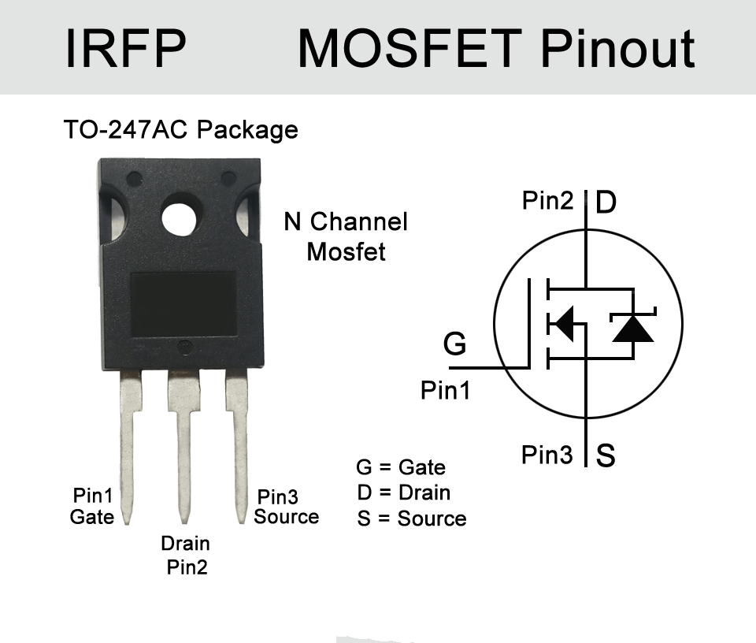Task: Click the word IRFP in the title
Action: (125, 48)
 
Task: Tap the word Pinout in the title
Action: (617, 48)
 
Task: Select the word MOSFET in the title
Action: (409, 48)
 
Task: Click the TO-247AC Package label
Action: (181, 129)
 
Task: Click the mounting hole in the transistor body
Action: (179, 218)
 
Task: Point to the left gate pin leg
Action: (129, 446)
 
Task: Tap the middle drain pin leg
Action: (183, 446)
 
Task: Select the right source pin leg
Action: (238, 446)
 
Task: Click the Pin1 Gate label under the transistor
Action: (92, 506)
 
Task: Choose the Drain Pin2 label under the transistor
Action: (186, 556)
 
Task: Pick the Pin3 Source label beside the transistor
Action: (287, 507)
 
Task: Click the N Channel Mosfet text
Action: (346, 236)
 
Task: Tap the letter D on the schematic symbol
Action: (606, 202)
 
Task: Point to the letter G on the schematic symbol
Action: (454, 344)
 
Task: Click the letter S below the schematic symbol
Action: (606, 455)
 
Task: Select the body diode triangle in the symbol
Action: (633, 329)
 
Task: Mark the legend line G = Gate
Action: (401, 467)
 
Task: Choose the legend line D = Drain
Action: (404, 492)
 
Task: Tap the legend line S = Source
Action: (412, 518)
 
